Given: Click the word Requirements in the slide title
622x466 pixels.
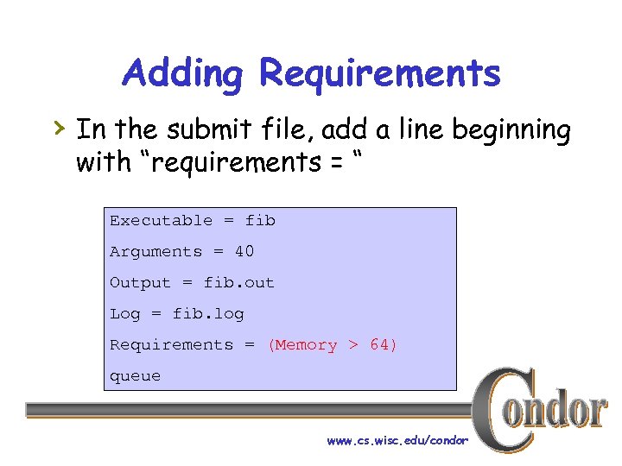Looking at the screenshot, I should pos(380,74).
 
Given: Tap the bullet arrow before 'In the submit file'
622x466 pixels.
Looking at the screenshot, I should pos(59,129).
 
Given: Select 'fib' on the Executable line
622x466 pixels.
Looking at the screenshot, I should pos(260,221).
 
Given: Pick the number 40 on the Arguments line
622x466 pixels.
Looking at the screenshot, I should pos(244,252).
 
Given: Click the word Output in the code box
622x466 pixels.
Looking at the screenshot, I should pos(140,283).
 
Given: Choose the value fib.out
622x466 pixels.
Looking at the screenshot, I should pos(238,283).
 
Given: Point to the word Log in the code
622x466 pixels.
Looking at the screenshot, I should pos(124,314).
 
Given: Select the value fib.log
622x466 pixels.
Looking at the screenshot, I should pos(208,314).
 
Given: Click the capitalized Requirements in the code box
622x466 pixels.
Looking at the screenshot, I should pos(171,345).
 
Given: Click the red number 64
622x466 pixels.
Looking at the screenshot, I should pos(380,345).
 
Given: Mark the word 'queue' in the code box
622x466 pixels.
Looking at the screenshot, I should pos(135,376).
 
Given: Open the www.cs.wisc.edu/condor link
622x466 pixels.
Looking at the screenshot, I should pos(397,441).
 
